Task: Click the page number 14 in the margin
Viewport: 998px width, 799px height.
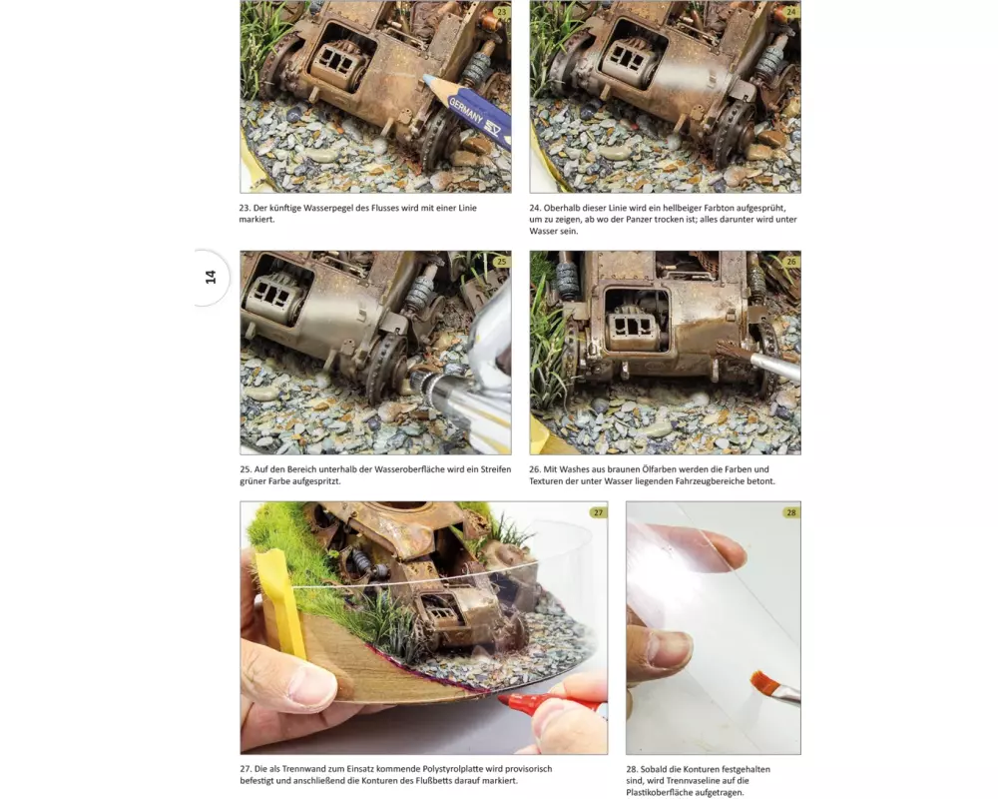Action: (x=211, y=278)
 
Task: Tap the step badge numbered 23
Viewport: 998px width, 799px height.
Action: (x=502, y=11)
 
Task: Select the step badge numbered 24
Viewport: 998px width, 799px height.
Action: (x=791, y=11)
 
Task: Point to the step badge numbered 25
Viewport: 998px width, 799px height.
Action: (x=502, y=262)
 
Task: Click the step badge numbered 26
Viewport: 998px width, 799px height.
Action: (x=791, y=262)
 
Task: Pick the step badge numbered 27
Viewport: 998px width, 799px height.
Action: (x=598, y=512)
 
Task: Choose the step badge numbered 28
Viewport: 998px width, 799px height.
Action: (x=791, y=512)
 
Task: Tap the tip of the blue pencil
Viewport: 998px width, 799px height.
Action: (x=424, y=77)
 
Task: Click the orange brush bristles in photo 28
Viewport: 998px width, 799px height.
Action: (x=762, y=682)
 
